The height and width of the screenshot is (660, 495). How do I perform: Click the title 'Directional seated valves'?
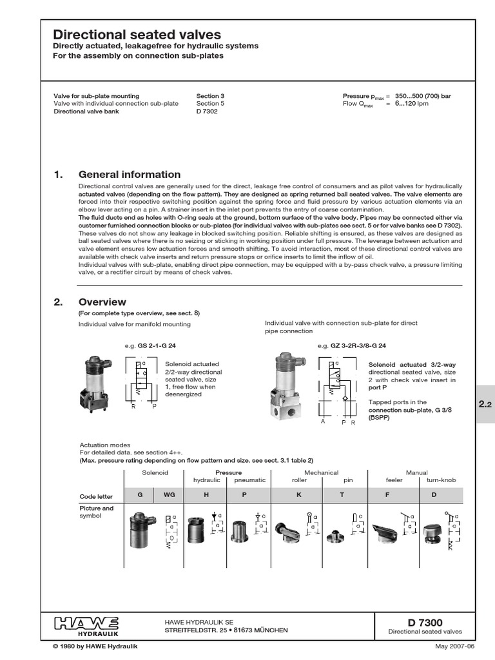point(136,35)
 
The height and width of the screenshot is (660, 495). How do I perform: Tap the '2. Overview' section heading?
point(102,302)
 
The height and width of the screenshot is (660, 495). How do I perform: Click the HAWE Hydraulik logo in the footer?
point(86,625)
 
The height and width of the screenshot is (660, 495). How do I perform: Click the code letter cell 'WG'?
point(169,495)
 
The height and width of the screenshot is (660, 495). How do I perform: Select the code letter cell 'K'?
point(298,495)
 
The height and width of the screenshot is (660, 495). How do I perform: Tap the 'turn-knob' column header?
point(442,480)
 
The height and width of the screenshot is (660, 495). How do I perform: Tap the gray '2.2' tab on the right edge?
point(485,405)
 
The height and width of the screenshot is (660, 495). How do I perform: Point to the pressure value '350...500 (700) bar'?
point(423,96)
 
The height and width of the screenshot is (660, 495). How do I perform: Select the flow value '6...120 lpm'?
point(412,103)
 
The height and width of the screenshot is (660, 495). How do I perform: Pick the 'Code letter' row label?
point(96,496)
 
